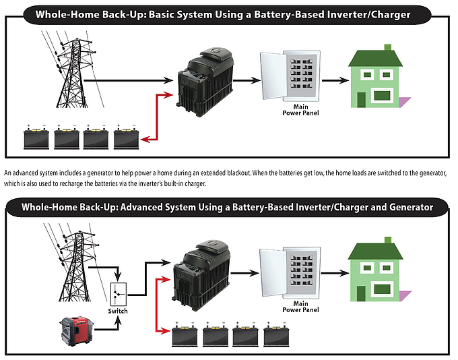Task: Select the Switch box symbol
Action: point(118,294)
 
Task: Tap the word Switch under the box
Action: point(118,311)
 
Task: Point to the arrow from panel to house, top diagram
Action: point(333,80)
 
